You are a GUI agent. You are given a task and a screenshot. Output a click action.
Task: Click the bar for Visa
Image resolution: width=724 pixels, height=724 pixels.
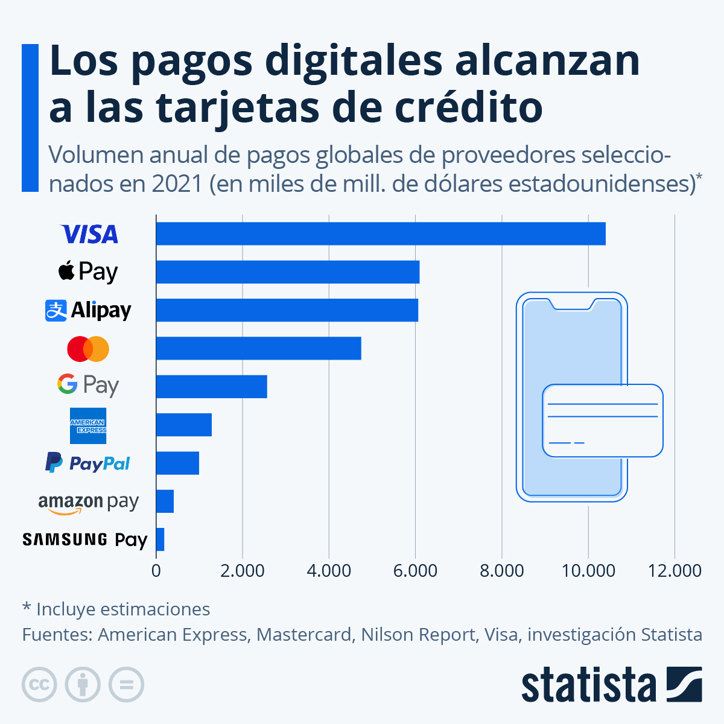click(380, 233)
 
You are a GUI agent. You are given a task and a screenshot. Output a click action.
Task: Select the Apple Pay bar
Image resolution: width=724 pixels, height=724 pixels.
click(287, 271)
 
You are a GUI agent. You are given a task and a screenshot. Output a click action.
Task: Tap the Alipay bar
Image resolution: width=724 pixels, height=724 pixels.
click(287, 310)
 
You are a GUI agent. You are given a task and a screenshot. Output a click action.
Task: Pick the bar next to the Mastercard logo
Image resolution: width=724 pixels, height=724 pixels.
click(258, 348)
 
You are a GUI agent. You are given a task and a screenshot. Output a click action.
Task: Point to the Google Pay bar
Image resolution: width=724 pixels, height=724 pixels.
click(211, 386)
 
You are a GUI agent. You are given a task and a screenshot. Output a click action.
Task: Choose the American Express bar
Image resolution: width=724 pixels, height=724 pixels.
click(183, 425)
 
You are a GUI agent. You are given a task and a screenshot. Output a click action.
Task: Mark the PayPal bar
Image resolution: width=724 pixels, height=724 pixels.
click(177, 463)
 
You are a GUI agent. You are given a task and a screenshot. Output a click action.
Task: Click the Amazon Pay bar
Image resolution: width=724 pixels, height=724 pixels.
click(165, 501)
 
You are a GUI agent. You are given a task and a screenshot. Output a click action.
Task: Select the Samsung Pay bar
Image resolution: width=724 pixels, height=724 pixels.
click(160, 539)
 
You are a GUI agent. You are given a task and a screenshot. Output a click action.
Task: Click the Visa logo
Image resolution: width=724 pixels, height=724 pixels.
click(89, 234)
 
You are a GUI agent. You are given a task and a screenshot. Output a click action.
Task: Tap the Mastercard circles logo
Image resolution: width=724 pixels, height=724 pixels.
click(88, 349)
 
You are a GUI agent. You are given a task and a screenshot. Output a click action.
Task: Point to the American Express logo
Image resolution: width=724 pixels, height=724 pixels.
click(88, 426)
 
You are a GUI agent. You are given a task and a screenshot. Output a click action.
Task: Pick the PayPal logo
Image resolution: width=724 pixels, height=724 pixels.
click(88, 463)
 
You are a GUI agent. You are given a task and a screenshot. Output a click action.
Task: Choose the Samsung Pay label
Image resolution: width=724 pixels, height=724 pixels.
click(85, 539)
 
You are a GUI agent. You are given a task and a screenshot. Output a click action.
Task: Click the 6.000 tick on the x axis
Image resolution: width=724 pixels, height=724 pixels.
click(415, 571)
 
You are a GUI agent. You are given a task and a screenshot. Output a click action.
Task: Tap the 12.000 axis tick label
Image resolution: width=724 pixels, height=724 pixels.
click(675, 571)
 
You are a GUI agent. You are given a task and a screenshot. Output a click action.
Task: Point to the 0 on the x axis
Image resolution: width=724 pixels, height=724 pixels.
click(156, 571)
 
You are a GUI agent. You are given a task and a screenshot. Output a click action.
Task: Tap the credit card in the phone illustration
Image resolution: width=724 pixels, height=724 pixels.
click(602, 421)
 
